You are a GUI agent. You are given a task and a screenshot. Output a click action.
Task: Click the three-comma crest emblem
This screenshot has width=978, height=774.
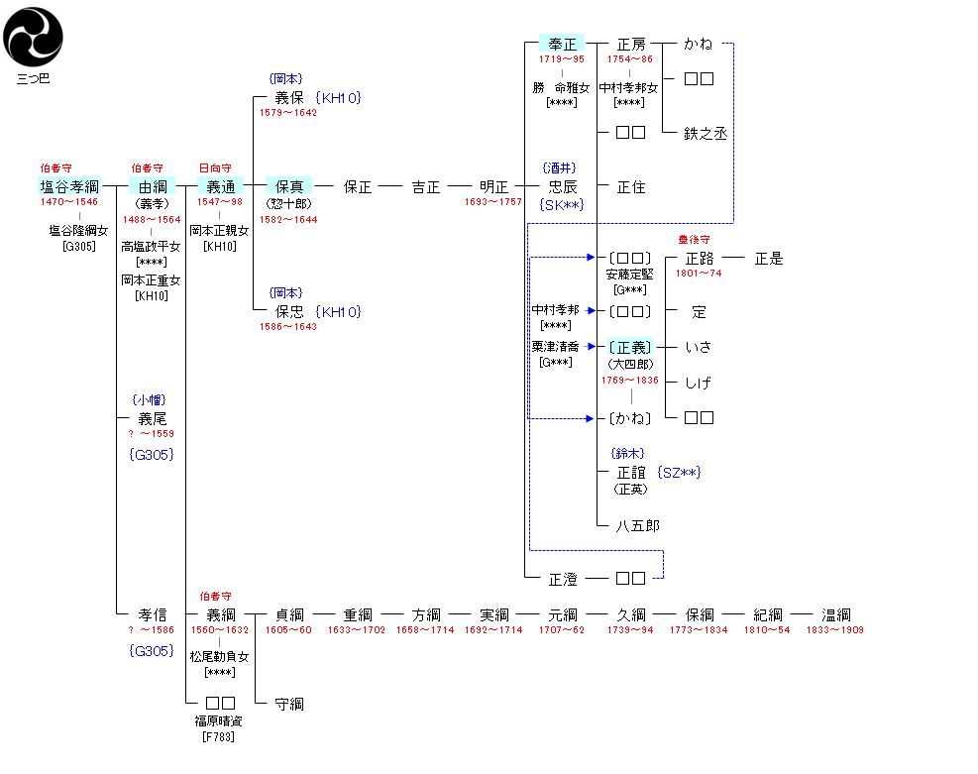tap(33, 35)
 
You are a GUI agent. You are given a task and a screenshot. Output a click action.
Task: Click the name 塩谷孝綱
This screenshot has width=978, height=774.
tap(70, 186)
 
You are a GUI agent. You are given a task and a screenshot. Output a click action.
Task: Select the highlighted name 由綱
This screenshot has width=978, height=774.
tap(153, 186)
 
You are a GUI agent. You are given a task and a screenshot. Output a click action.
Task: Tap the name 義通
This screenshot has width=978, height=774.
tap(220, 186)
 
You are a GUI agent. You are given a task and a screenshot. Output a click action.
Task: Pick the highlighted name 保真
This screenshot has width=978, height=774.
tap(289, 186)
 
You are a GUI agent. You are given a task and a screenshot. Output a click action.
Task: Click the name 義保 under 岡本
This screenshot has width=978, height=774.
tap(289, 98)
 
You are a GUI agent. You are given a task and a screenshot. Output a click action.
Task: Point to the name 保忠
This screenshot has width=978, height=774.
tap(289, 311)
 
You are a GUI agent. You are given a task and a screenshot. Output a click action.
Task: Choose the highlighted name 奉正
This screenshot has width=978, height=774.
tap(563, 45)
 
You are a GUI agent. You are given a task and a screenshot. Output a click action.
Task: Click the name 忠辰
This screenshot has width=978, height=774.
tap(563, 186)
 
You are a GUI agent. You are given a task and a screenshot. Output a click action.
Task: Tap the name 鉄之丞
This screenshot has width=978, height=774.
tap(706, 133)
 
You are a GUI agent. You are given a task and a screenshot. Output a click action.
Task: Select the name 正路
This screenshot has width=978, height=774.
tap(700, 259)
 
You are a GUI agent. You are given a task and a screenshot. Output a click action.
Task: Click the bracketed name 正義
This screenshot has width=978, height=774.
tap(631, 347)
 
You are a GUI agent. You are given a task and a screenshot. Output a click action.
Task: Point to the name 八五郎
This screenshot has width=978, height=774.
tap(637, 525)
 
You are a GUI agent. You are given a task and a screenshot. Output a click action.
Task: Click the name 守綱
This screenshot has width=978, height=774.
tap(289, 704)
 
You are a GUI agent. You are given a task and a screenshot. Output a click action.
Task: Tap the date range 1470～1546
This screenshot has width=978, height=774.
tap(69, 202)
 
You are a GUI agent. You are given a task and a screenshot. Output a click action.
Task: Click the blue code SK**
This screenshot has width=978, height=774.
tap(562, 204)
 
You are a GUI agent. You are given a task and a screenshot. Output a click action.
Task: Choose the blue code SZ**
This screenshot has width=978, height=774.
tap(679, 473)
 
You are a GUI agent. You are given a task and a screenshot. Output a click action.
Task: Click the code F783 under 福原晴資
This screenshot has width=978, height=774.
tap(218, 736)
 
